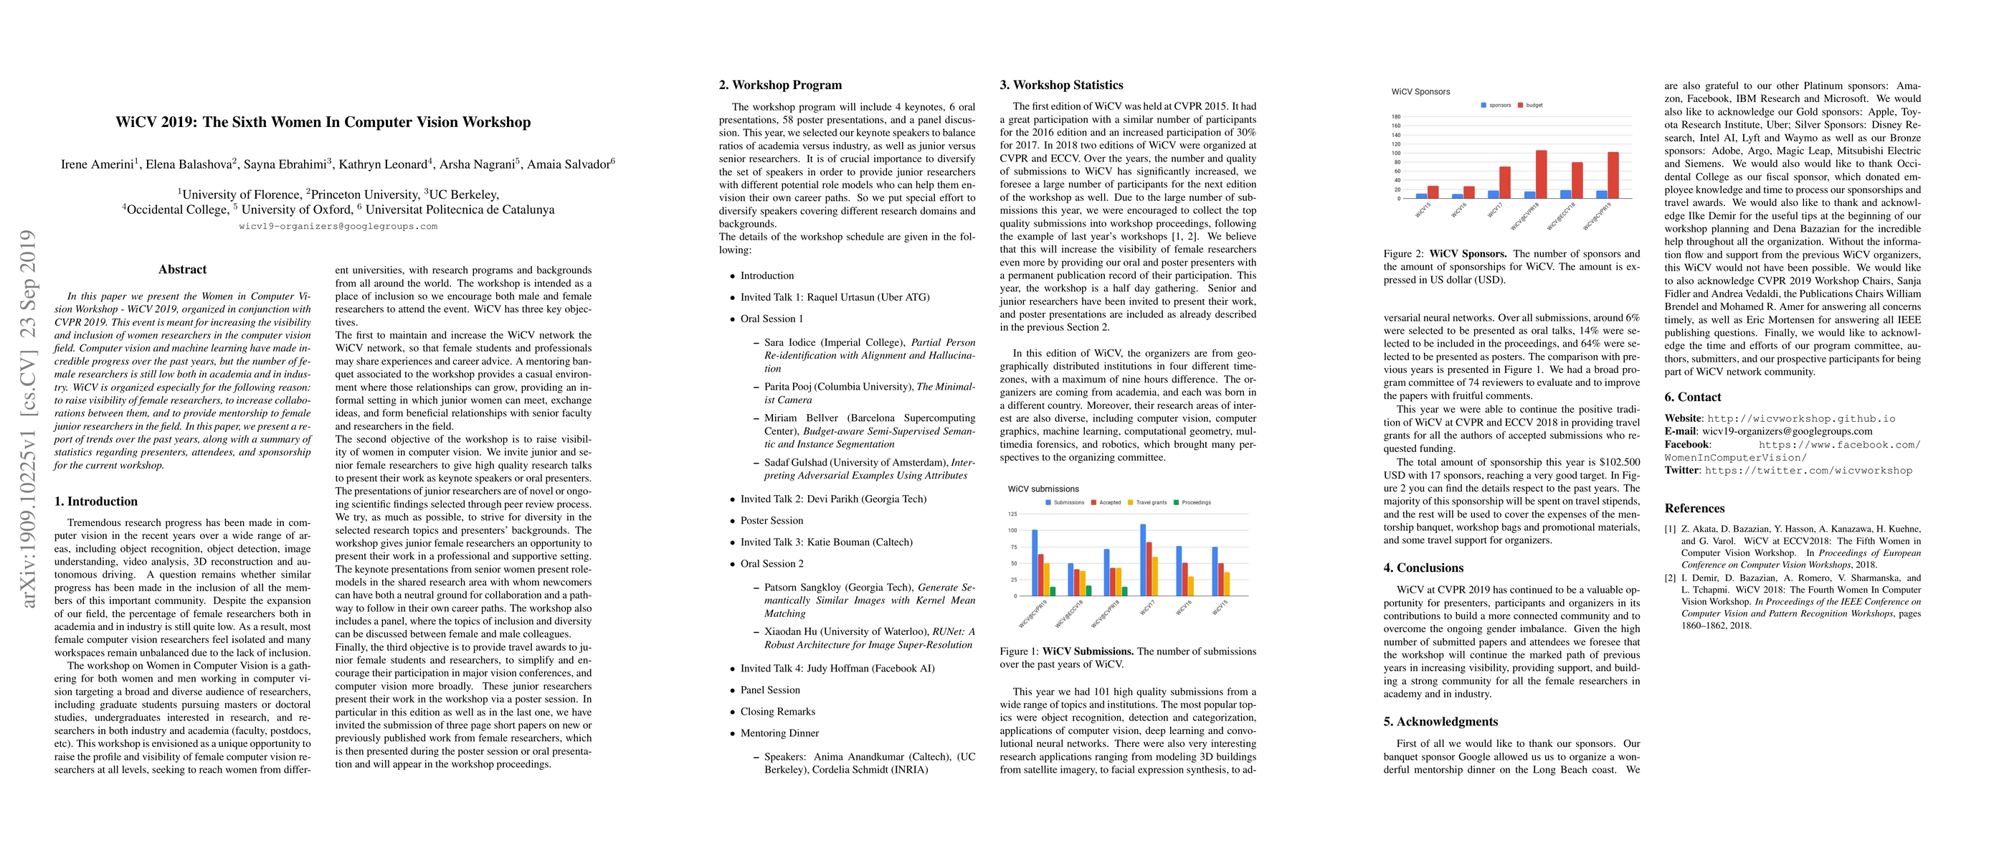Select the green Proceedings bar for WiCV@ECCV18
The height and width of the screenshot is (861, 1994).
(1089, 591)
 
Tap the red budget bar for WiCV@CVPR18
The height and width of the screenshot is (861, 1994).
(1541, 174)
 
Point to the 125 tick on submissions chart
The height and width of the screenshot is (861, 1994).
(1012, 514)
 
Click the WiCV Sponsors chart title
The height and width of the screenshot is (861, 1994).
(1420, 91)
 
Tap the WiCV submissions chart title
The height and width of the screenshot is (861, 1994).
(1043, 489)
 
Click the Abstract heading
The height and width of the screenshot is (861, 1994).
(182, 270)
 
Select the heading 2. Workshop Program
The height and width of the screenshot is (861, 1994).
(779, 85)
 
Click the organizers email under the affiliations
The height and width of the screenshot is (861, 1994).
(338, 227)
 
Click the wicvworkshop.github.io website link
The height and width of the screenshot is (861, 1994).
(1801, 419)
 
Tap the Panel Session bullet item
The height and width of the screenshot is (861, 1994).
(769, 690)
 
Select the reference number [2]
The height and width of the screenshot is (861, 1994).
(1671, 578)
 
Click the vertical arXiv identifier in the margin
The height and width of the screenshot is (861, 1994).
(29, 418)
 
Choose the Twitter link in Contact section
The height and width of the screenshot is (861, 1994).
(1808, 471)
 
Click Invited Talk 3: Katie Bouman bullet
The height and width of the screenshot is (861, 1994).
(826, 542)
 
